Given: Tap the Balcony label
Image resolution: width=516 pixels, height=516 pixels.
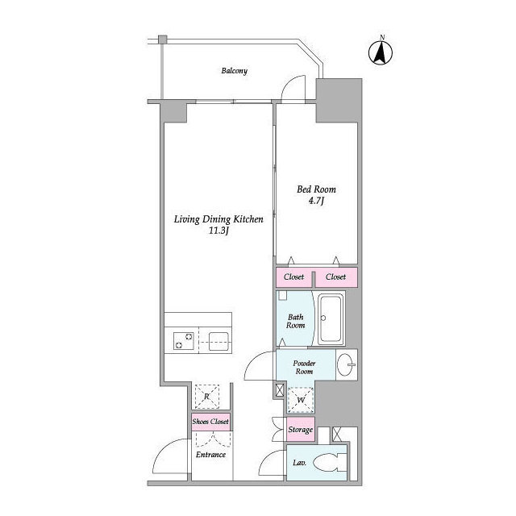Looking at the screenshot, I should click(235, 71).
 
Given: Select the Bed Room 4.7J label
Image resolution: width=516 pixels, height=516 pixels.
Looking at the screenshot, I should click(316, 194).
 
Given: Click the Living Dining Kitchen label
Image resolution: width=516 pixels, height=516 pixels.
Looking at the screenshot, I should click(219, 224).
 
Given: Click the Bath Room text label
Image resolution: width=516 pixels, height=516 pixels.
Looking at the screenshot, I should click(297, 321).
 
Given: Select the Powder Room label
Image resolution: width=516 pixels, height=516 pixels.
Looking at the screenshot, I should click(303, 367).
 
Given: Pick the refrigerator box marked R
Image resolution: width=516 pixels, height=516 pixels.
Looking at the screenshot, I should click(207, 397).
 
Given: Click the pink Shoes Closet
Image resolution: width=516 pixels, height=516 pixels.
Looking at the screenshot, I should click(210, 422).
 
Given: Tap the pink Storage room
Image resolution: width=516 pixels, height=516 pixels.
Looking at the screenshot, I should click(301, 430).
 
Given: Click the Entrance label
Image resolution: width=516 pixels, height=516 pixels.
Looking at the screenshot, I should click(210, 455).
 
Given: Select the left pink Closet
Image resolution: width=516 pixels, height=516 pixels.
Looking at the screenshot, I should click(294, 277).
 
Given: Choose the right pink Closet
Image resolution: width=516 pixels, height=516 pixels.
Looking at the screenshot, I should click(336, 277).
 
